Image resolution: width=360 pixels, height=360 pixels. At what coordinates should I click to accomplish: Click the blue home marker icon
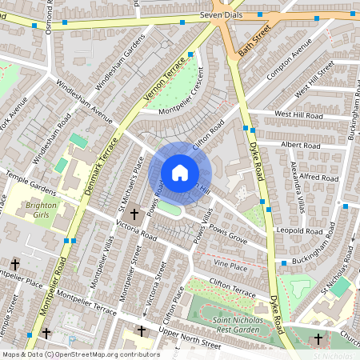click(x=180, y=172)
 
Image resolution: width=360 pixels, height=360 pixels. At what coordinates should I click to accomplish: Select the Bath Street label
click(x=250, y=38)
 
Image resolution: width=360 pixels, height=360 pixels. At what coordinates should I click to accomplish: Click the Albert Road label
click(x=301, y=146)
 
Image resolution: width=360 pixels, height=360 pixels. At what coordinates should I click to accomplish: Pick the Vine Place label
click(x=231, y=264)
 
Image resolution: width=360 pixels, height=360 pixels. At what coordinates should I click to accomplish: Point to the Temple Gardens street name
click(x=30, y=182)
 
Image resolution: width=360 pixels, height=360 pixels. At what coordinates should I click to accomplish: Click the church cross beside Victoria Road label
click(x=134, y=214)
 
